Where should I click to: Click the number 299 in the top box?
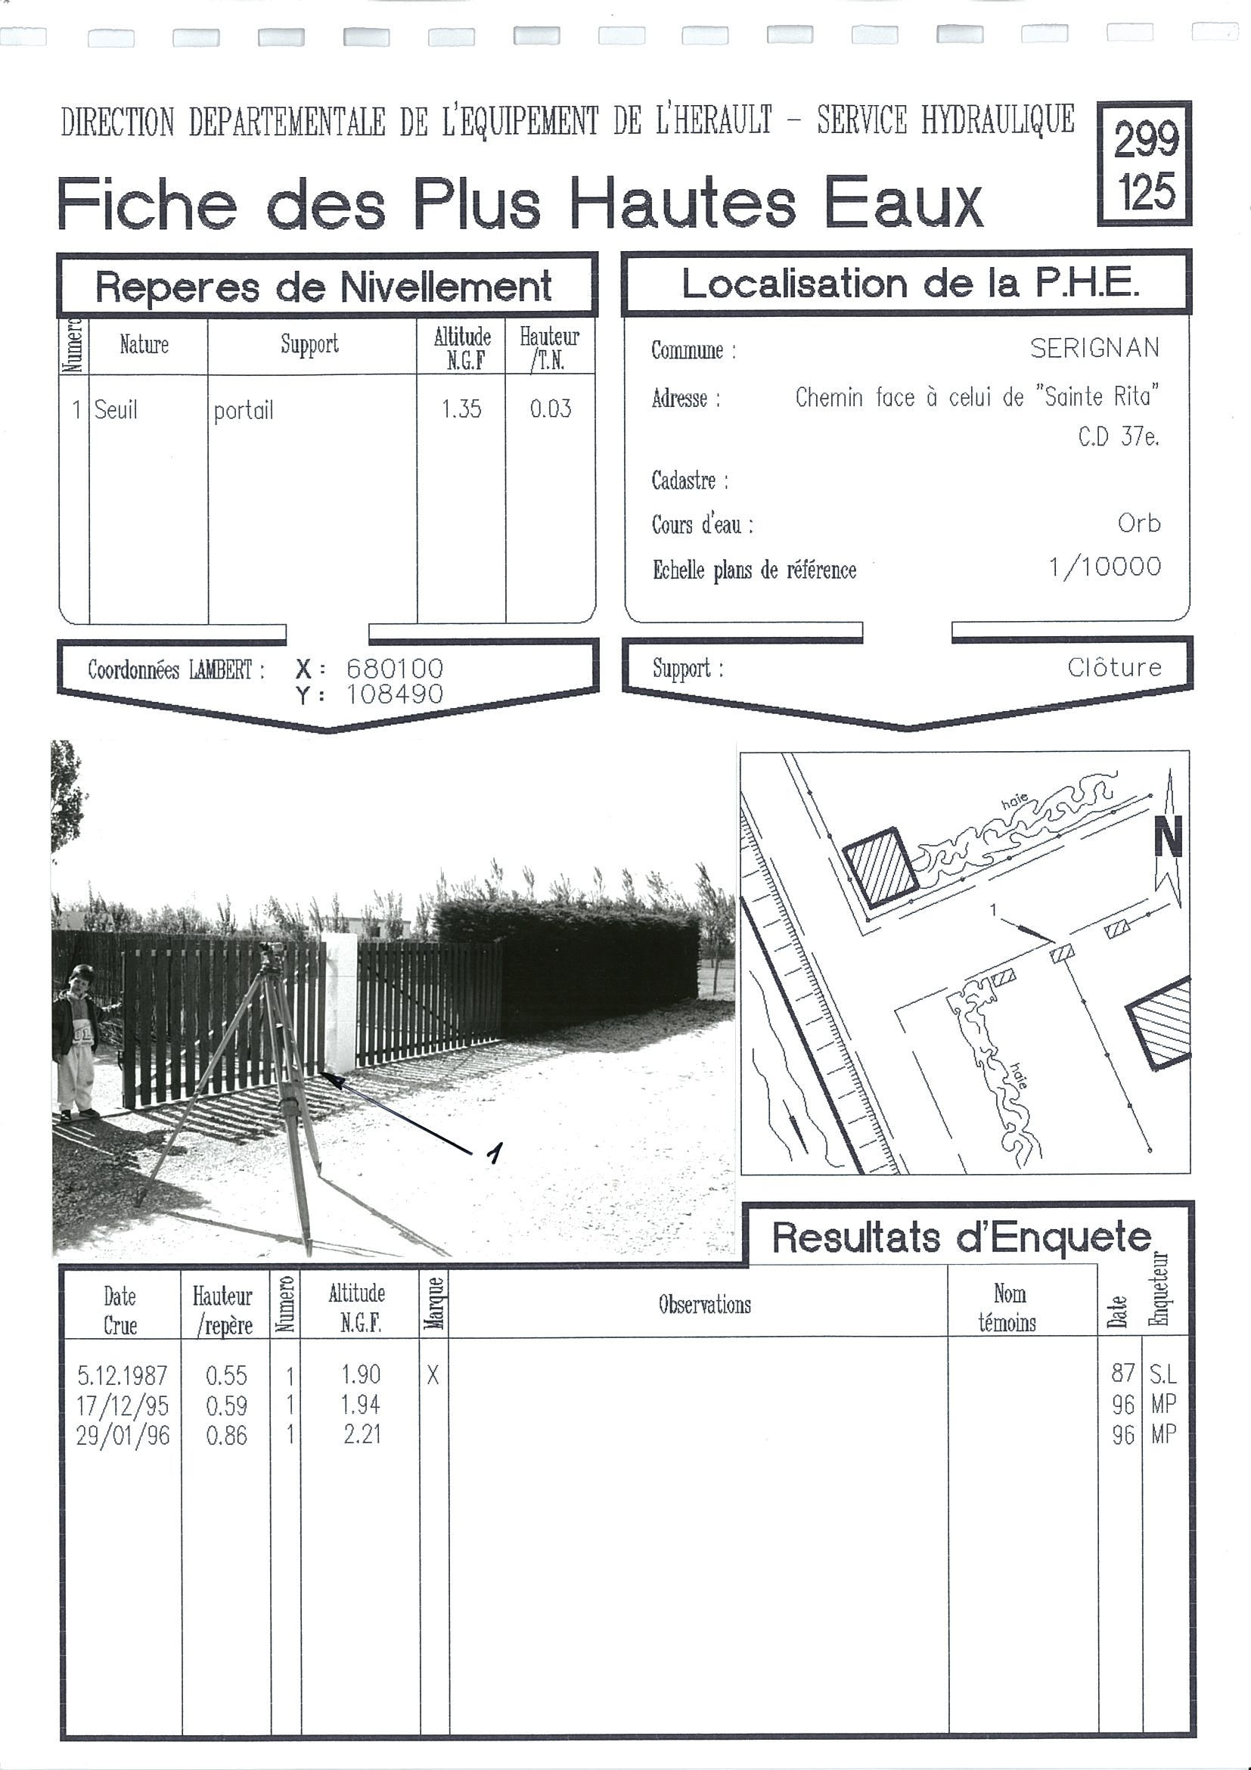coord(1145,139)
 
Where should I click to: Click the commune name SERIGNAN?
coord(1094,349)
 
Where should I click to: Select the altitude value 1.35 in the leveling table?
coord(461,408)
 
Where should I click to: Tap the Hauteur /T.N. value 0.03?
coord(551,408)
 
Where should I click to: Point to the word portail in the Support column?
coord(244,410)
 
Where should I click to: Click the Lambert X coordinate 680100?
coord(395,668)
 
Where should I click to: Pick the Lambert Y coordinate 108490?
coord(395,694)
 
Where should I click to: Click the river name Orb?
coord(1138,523)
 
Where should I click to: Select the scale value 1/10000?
coord(1104,567)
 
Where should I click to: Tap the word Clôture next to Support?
coord(1114,667)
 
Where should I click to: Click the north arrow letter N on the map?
coord(1168,839)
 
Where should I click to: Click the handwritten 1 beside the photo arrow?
coord(494,1153)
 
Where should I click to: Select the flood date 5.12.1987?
coord(122,1375)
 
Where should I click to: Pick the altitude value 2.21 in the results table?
coord(362,1435)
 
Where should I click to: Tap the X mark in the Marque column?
coord(433,1374)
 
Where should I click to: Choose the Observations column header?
coord(703,1304)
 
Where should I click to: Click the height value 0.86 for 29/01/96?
coord(226,1436)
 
